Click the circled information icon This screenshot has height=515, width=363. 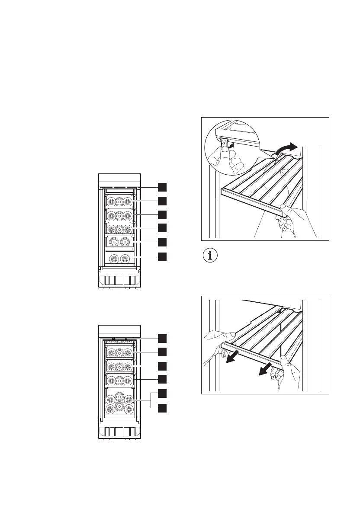(x=211, y=256)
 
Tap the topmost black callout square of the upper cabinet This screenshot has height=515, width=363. (x=162, y=187)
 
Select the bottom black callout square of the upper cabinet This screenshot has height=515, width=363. (x=162, y=257)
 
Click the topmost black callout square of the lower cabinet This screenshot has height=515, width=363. (x=162, y=338)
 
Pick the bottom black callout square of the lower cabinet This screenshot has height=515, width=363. (x=162, y=408)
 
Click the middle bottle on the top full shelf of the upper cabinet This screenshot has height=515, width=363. (x=119, y=202)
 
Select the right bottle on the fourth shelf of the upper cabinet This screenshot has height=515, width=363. (x=125, y=242)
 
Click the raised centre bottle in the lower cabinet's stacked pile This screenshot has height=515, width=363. (x=119, y=396)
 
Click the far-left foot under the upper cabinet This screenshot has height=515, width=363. (x=100, y=288)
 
